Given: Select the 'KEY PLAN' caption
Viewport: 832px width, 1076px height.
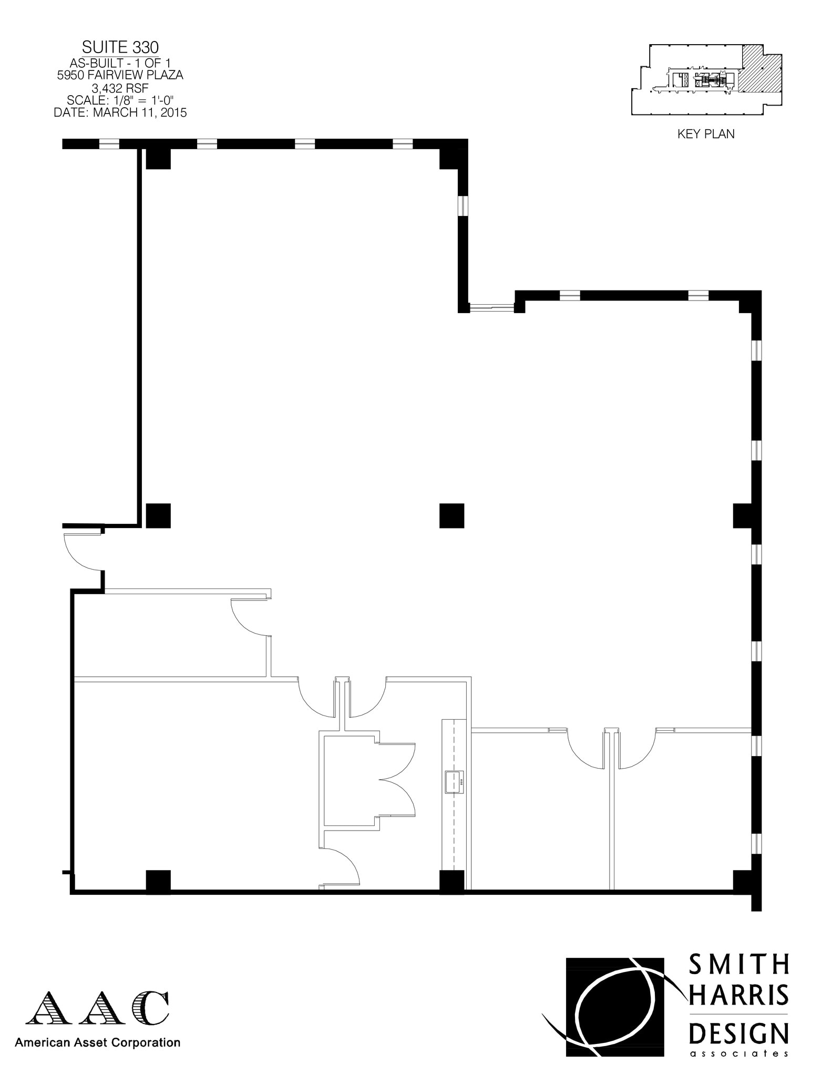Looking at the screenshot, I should pyautogui.click(x=706, y=134).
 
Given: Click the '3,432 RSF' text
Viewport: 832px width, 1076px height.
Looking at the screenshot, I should pyautogui.click(x=120, y=88).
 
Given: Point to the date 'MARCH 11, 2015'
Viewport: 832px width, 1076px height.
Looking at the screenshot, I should pyautogui.click(x=140, y=112).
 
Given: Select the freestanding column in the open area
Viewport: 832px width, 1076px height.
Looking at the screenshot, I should pyautogui.click(x=451, y=515).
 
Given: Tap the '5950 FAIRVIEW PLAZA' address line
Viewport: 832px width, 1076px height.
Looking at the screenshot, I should pyautogui.click(x=120, y=75).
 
